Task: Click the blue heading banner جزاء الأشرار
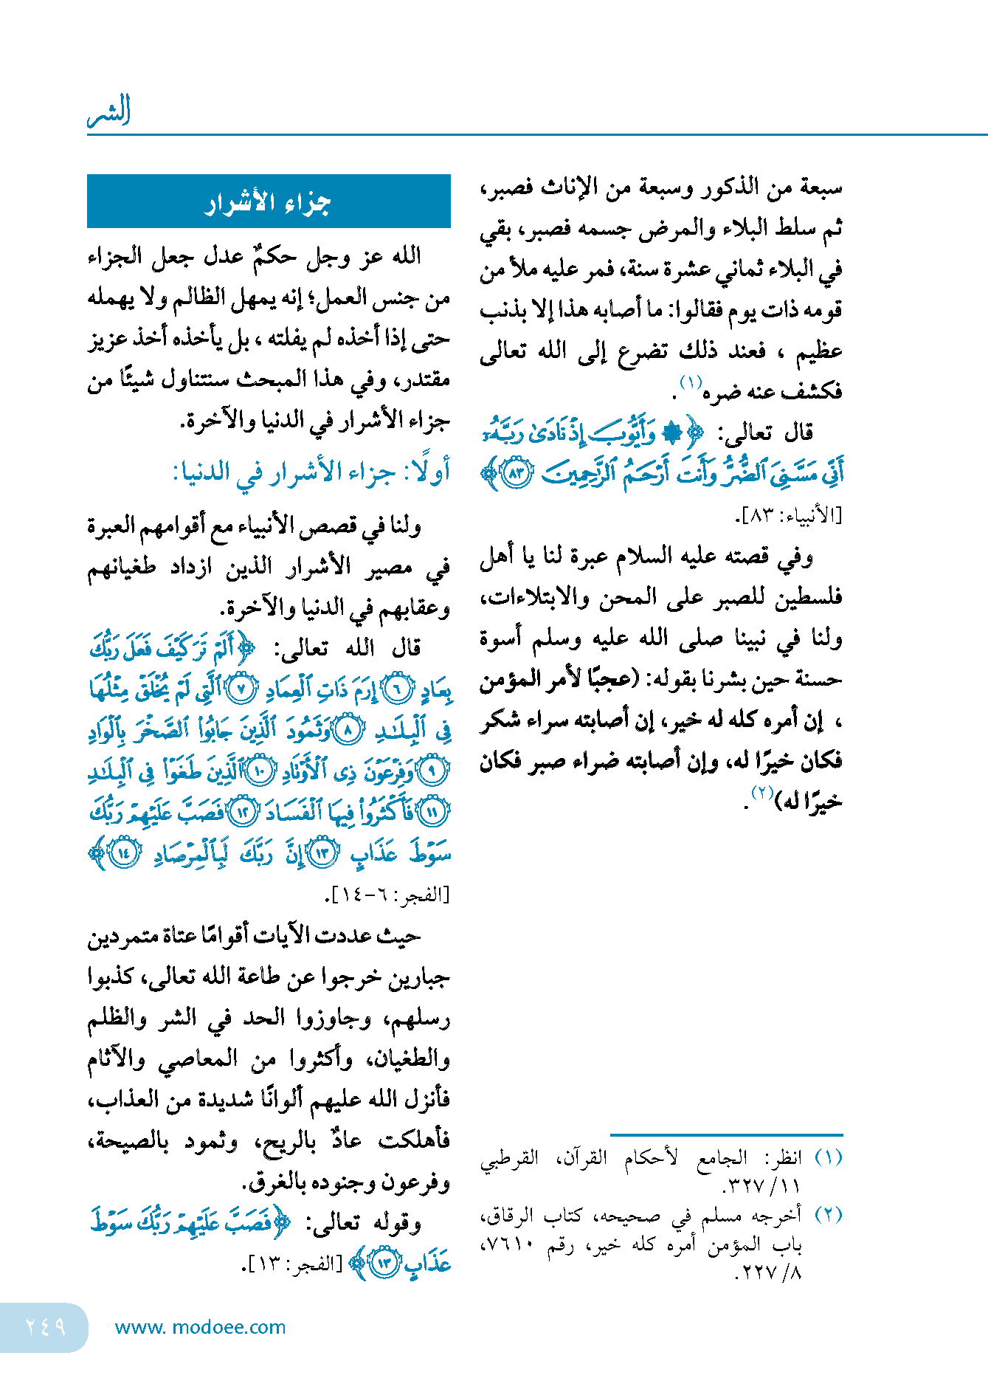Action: coord(269,201)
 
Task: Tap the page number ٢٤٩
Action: coord(45,1326)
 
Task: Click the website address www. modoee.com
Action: coord(200,1327)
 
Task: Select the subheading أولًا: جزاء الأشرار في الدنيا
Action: coord(311,472)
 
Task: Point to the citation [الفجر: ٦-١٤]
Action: coord(387,895)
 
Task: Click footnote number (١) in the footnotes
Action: coord(828,1157)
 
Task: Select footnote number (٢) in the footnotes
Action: coord(828,1214)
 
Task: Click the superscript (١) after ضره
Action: coord(691,382)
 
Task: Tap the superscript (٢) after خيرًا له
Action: coord(761,792)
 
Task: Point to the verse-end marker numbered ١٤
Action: coord(124,853)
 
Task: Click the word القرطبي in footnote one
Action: coord(510,1157)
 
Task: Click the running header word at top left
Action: coord(109,111)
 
